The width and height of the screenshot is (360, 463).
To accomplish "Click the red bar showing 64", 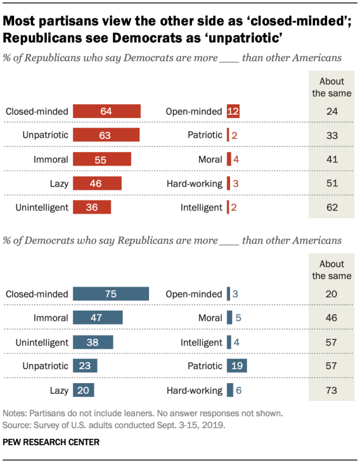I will point(106,111).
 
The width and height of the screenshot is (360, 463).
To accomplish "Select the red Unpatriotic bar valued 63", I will point(106,135).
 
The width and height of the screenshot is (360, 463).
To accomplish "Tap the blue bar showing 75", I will point(110,294).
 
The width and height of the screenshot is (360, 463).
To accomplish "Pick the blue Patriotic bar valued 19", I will point(237,366).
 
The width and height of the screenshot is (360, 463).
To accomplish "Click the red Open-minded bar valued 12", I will point(233,111).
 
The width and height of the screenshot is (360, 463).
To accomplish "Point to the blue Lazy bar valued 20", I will point(83,390).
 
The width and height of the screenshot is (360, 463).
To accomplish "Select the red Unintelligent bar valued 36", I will point(92,207).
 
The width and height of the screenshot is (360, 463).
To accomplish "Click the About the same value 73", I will point(331,390).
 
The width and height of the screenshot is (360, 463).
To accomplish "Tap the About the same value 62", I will point(331,207).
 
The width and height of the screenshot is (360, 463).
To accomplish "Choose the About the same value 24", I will point(331,111).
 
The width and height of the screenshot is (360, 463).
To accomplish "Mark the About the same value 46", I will point(331,318).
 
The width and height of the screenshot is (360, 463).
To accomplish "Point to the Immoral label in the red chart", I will point(50,159).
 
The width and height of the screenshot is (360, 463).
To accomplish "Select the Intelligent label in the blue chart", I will point(201,342).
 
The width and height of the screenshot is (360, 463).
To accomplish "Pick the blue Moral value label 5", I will point(238,318).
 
